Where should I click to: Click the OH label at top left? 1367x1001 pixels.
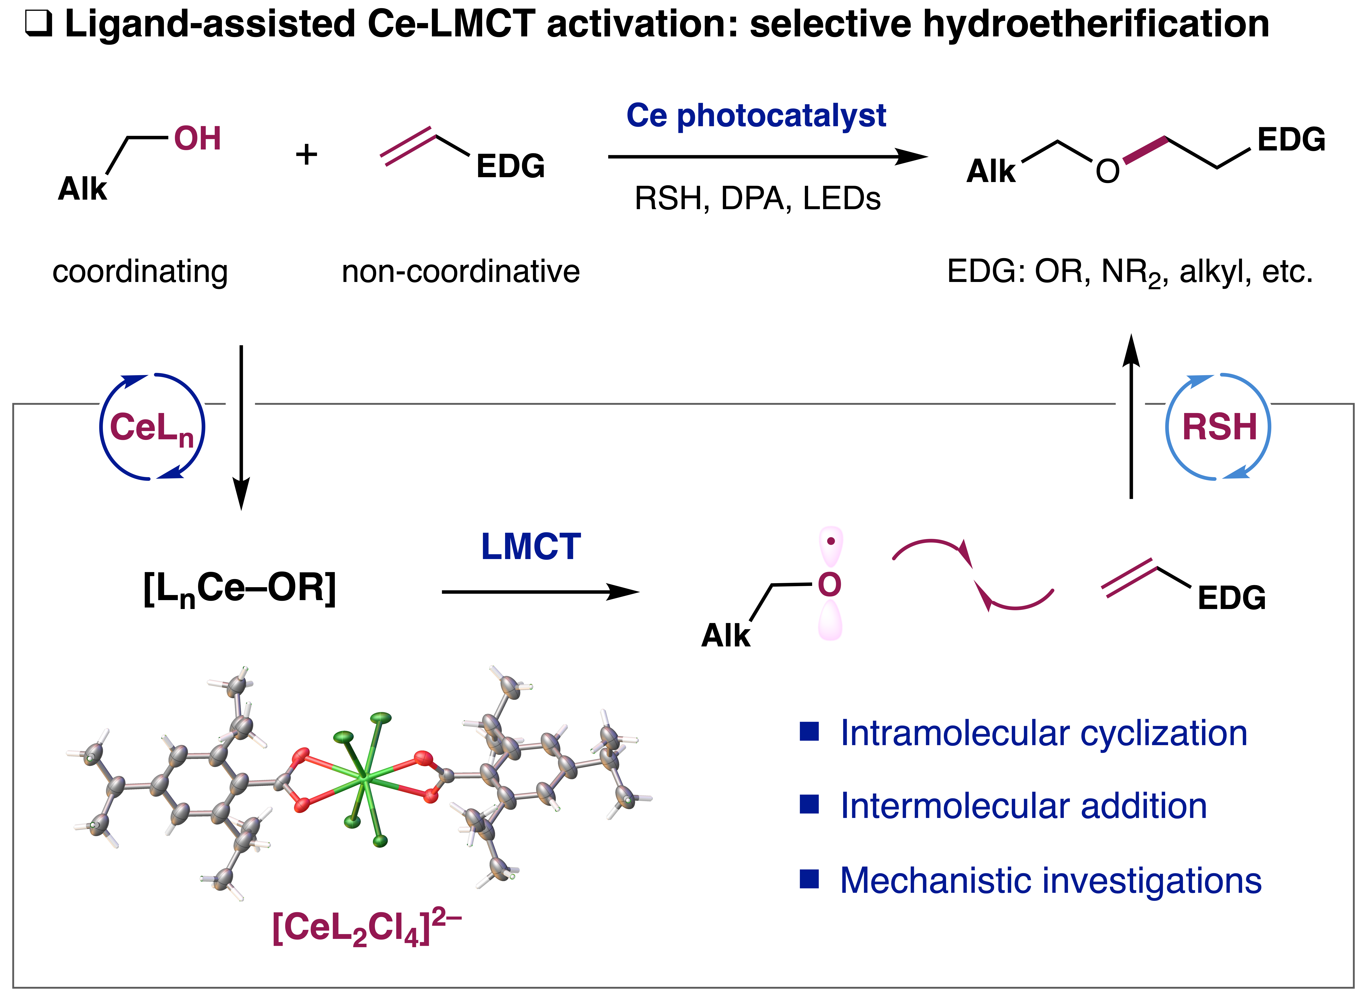[198, 139]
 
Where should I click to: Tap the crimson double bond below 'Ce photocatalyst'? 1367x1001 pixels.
[408, 146]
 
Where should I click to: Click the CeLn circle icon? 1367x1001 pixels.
[152, 428]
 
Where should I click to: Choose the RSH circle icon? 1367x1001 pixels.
[1218, 428]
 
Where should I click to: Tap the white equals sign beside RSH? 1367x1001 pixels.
[1130, 409]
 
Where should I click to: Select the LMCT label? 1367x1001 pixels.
[531, 547]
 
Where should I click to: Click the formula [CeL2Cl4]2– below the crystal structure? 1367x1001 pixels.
[367, 928]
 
